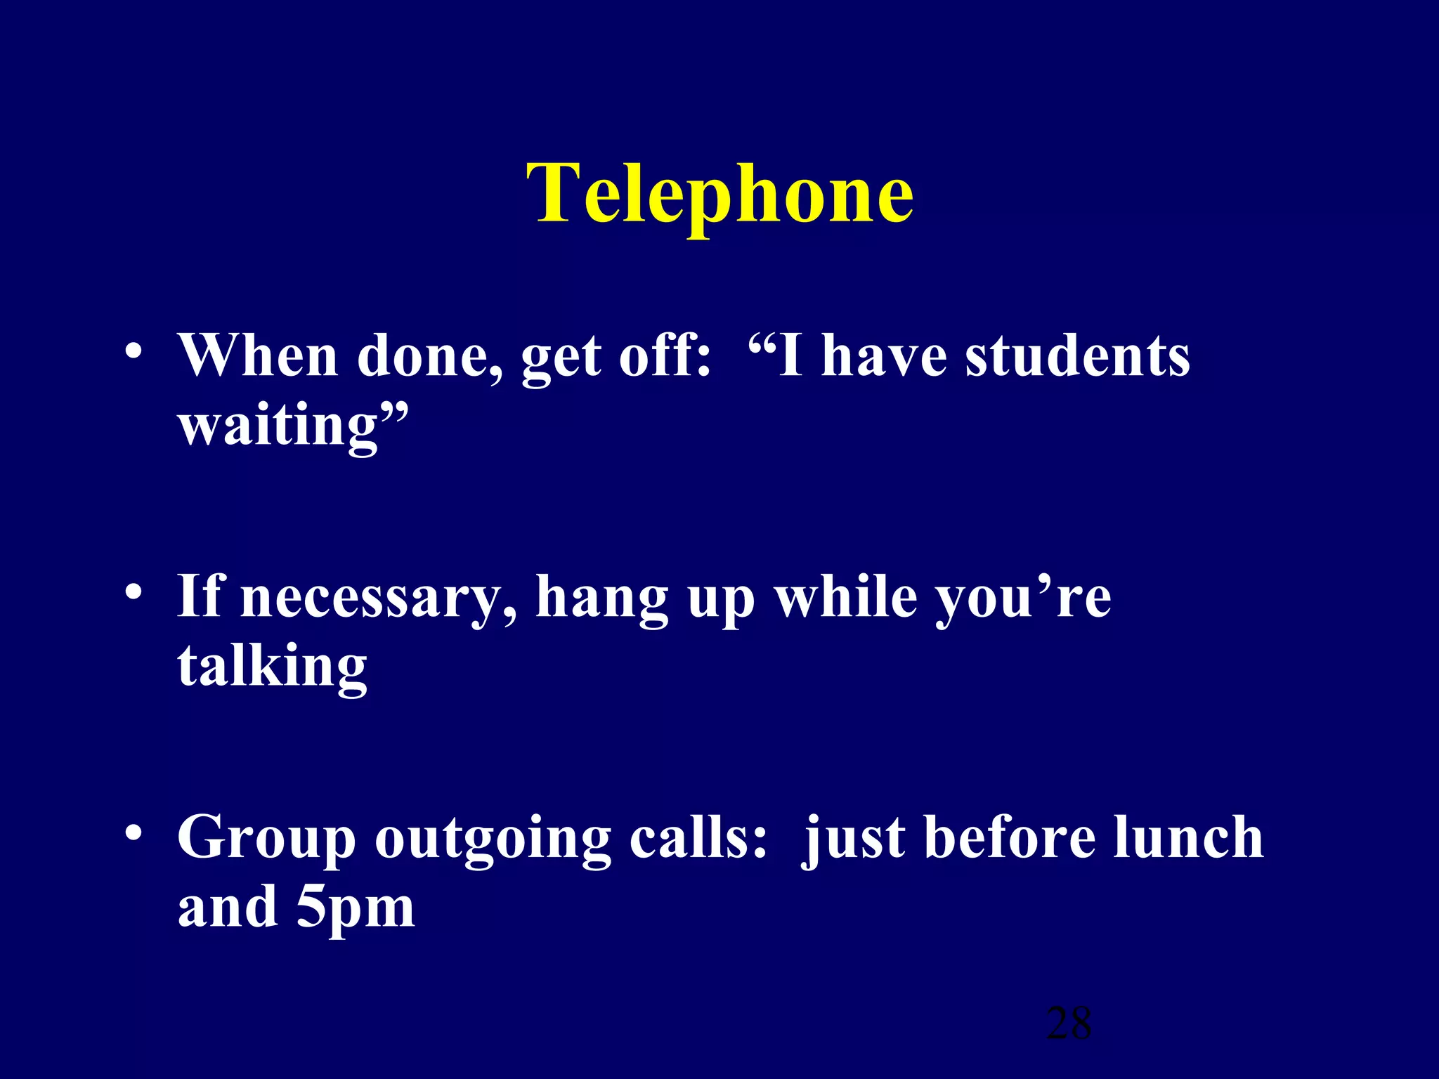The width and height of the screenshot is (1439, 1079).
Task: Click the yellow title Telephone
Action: click(x=720, y=193)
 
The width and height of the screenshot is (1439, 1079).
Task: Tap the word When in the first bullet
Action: click(x=258, y=356)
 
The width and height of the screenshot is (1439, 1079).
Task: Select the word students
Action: click(x=1077, y=356)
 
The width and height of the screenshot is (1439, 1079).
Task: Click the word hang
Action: click(x=602, y=597)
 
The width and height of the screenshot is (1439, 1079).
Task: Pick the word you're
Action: click(x=1024, y=597)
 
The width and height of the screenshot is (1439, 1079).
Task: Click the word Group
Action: click(x=267, y=838)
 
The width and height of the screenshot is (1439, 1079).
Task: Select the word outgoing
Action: click(x=493, y=838)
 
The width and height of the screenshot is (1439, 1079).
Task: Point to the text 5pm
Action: click(x=356, y=908)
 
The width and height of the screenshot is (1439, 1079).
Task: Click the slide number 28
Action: click(x=1069, y=1023)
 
